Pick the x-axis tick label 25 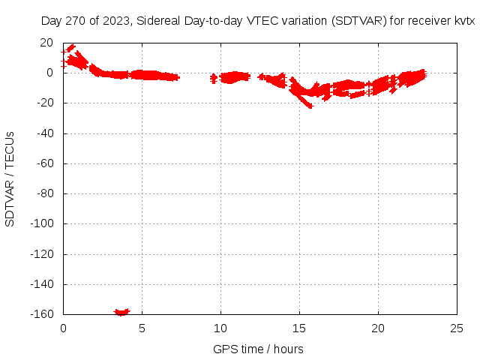457,328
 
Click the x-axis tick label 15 299,328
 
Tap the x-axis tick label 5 142,328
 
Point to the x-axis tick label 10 220,328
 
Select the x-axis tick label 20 378,328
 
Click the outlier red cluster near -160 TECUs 121,311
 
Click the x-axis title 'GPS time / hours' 258,349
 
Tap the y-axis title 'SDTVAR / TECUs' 10,178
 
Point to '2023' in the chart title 115,22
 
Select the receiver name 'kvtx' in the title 464,22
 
